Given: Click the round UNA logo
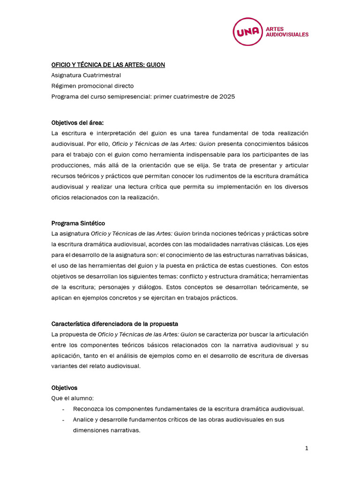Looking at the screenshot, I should [x=247, y=31].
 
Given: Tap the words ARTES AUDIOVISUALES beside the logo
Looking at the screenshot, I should [x=287, y=31].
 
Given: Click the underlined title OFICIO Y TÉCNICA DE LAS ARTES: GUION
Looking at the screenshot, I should [x=108, y=65].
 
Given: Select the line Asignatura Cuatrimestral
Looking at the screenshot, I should [x=86, y=75].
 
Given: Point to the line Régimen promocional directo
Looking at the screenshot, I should [x=92, y=86].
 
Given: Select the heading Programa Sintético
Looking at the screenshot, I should [x=78, y=223].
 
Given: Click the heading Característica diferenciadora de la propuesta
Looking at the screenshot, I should [x=114, y=324].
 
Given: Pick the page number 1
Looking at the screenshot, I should [x=307, y=448].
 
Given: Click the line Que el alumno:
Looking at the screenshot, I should [x=72, y=398].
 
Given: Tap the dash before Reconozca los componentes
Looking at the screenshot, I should [x=63, y=409].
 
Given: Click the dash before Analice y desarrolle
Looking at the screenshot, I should [x=63, y=420].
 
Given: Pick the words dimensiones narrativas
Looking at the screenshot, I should [x=106, y=430].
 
